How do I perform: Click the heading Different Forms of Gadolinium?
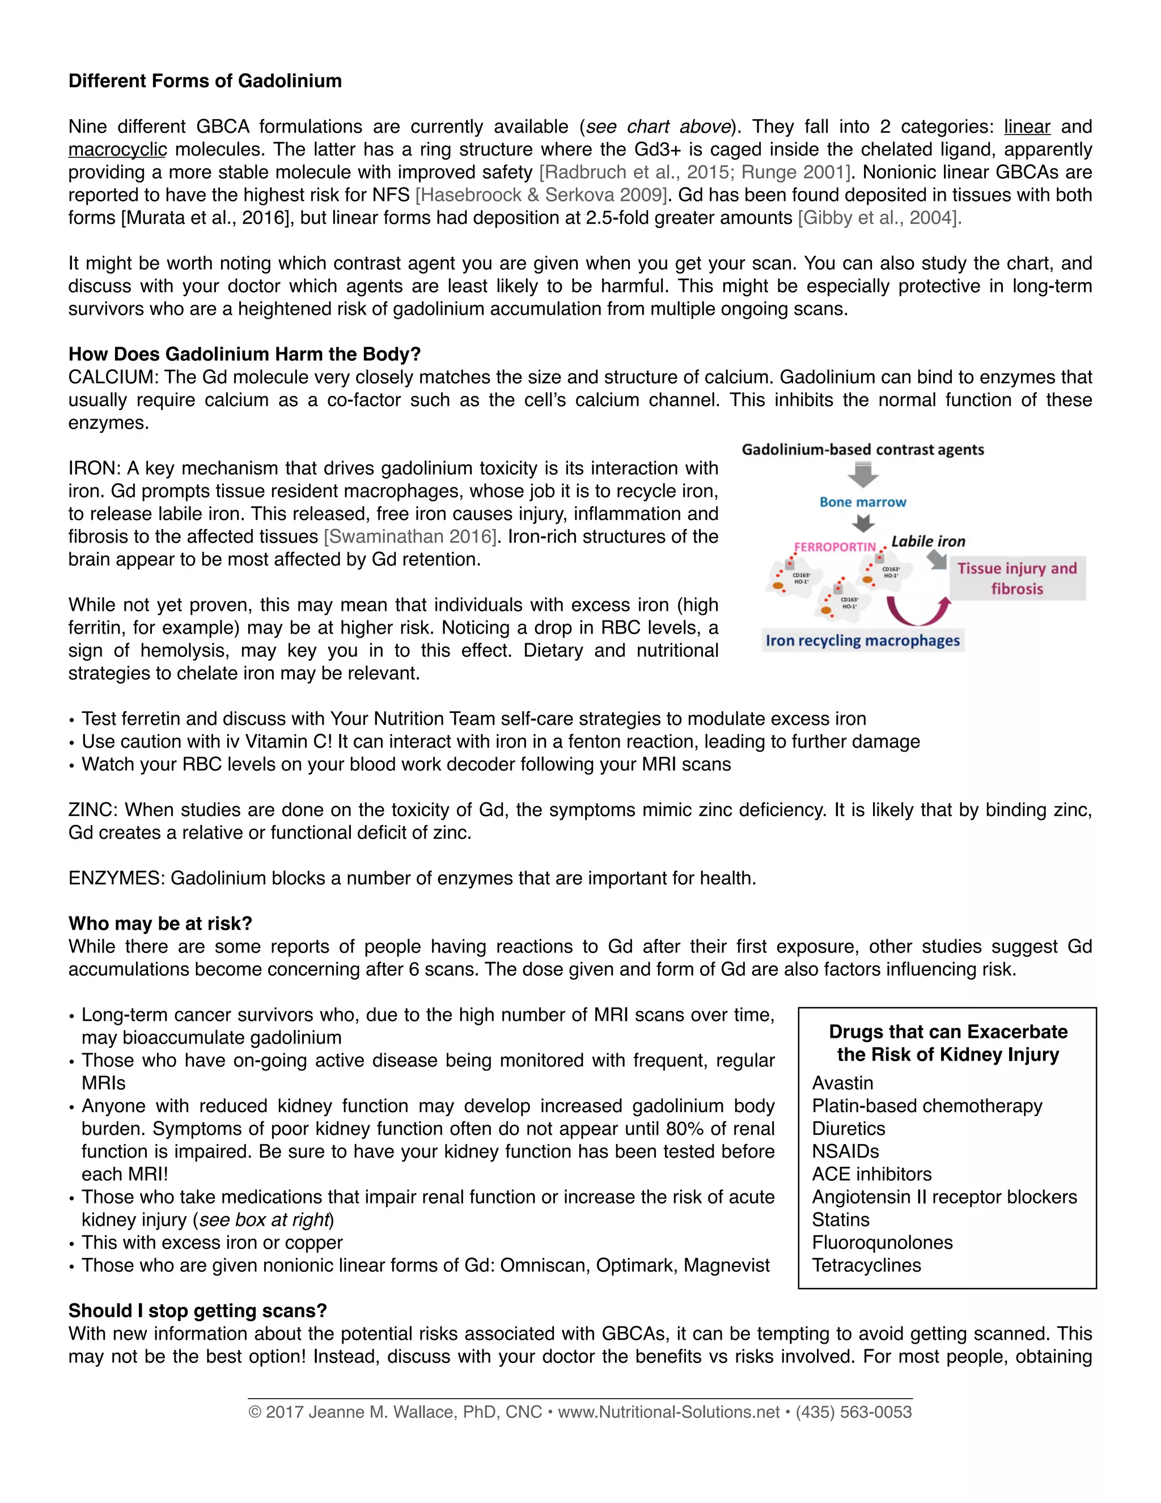(205, 81)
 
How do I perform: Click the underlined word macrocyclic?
(117, 149)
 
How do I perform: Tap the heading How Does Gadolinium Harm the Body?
(244, 354)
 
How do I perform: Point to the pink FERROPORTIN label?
(834, 547)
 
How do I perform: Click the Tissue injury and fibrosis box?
(1016, 578)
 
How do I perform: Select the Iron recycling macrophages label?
(862, 641)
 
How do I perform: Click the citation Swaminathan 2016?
(410, 537)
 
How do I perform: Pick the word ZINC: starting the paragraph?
(94, 810)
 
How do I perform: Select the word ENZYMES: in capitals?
(116, 878)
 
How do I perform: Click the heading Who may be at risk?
(160, 923)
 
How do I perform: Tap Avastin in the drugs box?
(842, 1083)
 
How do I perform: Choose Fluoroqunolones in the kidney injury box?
(883, 1242)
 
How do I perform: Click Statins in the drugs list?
(841, 1219)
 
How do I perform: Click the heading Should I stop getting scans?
(197, 1310)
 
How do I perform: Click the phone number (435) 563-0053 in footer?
(854, 1413)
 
